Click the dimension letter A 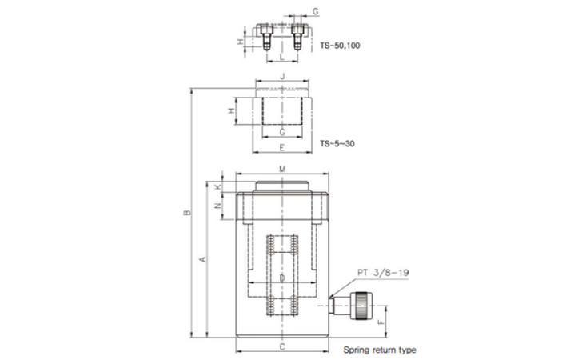(203, 259)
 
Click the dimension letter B (187, 213)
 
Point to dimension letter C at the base (283, 346)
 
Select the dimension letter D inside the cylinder (283, 278)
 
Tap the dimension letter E (282, 148)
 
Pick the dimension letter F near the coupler (381, 322)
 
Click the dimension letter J (283, 76)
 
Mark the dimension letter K (217, 186)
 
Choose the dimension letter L (282, 57)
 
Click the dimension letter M (283, 169)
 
